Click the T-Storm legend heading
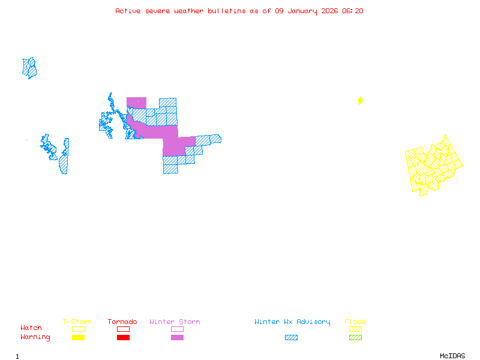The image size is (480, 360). [x=77, y=322]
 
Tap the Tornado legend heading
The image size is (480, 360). [x=122, y=322]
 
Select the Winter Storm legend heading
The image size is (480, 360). [x=175, y=322]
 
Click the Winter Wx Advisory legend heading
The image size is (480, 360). [x=292, y=322]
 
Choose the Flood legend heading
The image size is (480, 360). [x=355, y=322]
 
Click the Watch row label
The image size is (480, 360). [x=31, y=328]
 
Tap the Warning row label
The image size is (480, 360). [x=35, y=337]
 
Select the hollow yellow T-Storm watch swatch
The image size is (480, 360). [x=78, y=329]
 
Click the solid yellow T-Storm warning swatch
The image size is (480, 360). [x=78, y=338]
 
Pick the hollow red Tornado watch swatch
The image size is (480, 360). [x=123, y=329]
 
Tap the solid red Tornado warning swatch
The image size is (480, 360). [x=123, y=338]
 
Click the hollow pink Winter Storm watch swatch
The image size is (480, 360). [x=177, y=329]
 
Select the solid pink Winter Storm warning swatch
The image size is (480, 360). [x=177, y=338]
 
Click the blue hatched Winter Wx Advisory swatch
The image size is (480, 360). [x=291, y=338]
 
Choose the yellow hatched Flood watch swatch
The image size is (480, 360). [x=355, y=329]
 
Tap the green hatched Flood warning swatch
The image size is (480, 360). [x=355, y=338]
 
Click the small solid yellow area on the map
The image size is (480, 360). [x=360, y=101]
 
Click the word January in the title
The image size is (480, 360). [x=300, y=11]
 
